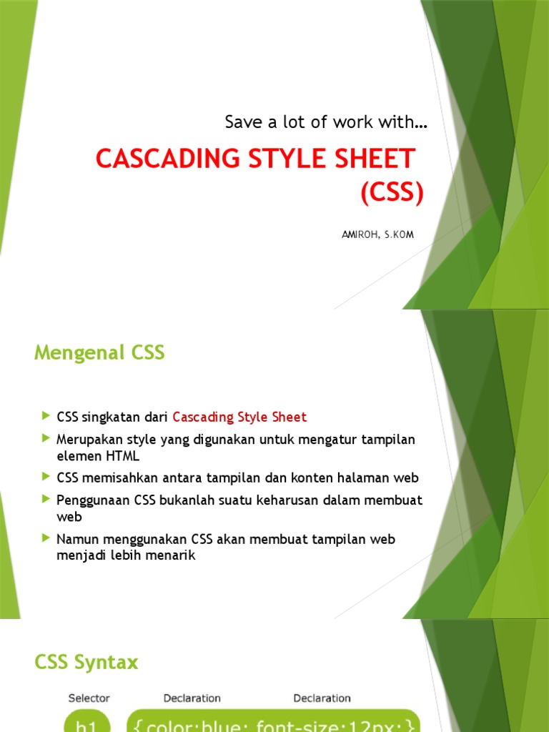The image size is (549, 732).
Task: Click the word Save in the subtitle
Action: point(242,122)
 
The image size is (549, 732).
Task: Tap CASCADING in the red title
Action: point(165,159)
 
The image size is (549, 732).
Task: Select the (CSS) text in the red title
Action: point(392,193)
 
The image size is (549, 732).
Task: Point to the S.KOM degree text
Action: point(398,235)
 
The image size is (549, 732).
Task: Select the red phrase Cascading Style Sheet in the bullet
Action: point(239,417)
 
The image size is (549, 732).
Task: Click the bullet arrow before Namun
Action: point(46,538)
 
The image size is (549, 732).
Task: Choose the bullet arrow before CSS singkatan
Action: point(46,415)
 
